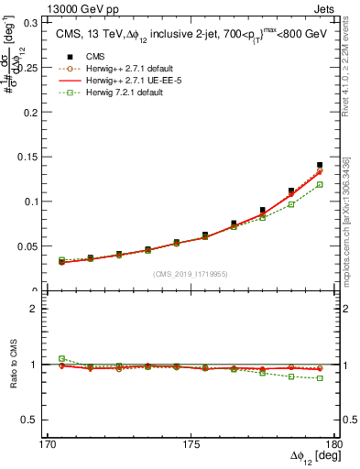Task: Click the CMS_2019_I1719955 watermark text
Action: tap(191, 274)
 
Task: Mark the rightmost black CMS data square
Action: tap(320, 166)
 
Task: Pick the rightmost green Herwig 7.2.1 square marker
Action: tap(320, 184)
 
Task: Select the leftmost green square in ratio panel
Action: tap(61, 358)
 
